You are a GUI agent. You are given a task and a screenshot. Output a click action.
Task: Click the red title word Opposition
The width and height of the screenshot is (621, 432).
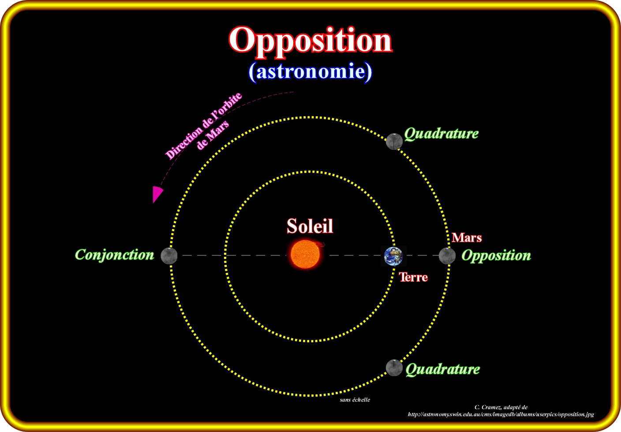310,42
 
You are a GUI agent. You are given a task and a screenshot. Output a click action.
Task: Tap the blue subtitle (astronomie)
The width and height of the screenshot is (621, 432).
310,72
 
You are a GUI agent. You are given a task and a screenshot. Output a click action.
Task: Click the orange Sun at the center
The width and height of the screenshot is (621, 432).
305,254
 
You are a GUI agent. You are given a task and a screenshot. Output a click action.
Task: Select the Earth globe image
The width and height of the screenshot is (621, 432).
393,256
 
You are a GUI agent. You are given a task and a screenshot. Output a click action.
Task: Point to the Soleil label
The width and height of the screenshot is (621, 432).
310,226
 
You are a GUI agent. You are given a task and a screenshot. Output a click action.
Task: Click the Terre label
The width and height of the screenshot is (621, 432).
413,277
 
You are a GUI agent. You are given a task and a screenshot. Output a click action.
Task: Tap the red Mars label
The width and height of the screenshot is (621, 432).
467,237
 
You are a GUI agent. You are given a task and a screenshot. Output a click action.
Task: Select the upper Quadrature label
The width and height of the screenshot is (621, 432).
441,134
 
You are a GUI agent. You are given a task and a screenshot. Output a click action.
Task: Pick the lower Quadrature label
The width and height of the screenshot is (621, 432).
443,369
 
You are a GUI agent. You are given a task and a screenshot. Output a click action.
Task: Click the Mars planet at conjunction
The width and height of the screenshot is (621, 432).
169,255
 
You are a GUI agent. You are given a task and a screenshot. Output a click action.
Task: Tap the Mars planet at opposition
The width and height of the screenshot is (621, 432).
447,256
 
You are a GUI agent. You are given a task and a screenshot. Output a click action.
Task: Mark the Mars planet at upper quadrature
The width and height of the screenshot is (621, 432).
394,141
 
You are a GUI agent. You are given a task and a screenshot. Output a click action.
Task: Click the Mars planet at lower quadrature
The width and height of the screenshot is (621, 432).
394,368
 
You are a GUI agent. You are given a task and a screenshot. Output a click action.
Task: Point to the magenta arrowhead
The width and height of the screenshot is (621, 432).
157,195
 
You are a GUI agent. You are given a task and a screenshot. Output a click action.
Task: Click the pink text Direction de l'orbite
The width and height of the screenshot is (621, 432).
203,126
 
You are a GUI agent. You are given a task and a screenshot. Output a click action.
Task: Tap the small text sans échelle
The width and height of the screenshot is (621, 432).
355,400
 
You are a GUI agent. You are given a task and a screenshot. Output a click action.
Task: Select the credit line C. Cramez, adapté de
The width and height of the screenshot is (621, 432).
501,407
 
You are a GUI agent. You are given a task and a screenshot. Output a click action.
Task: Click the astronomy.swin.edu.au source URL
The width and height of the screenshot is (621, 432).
501,414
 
